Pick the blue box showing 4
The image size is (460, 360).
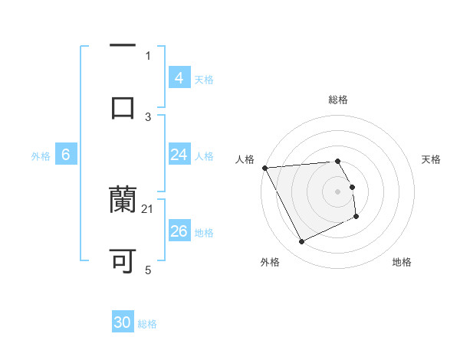coord(179,77)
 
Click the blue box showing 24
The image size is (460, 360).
coord(179,155)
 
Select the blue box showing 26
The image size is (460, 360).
coord(179,231)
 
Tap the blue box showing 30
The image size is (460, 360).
coord(122,322)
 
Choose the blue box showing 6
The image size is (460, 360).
coord(65,155)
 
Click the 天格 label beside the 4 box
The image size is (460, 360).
coord(204,79)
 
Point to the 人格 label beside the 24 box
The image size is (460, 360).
coord(204,156)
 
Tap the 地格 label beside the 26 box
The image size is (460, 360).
coord(204,233)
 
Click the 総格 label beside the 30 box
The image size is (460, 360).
coord(147,324)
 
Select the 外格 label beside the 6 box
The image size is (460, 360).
coord(41,156)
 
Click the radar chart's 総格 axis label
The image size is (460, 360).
coord(338,100)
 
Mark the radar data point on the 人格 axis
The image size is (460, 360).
coord(264,168)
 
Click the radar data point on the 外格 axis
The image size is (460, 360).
coord(301,242)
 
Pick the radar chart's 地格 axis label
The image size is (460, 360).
coord(402,262)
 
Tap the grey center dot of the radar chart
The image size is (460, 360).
coord(338,191)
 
